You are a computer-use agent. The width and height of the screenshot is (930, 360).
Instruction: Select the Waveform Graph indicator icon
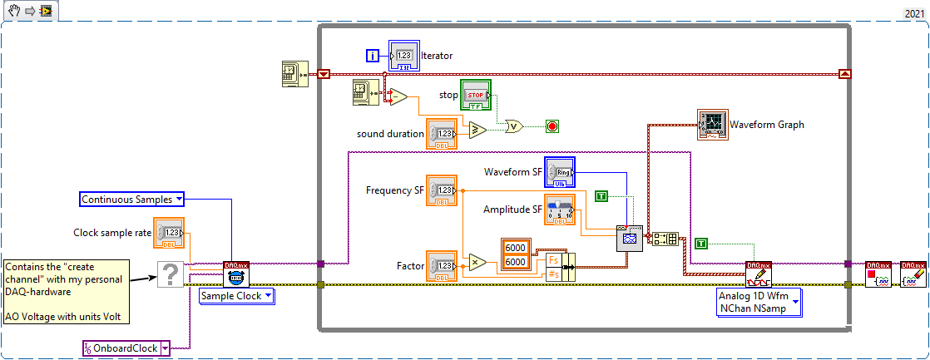[x=713, y=123]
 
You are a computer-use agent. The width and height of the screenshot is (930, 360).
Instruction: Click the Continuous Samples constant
[x=132, y=199]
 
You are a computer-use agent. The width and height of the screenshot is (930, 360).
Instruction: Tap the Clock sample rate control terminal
[x=170, y=233]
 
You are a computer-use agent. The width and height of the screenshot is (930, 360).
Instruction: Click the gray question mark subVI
[x=171, y=273]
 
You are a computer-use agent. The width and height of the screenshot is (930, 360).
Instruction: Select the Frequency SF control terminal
[x=441, y=190]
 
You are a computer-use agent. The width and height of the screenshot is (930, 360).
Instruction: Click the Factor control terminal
[x=441, y=265]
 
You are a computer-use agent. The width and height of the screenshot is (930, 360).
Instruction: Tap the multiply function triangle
[x=477, y=264]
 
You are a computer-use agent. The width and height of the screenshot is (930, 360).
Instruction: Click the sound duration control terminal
[x=441, y=133]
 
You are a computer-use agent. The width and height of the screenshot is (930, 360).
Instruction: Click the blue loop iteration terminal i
[x=373, y=56]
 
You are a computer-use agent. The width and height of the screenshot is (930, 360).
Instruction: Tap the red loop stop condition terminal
[x=552, y=126]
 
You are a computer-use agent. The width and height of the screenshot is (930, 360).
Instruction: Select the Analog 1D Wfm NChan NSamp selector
[x=758, y=303]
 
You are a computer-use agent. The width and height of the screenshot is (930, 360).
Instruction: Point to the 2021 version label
[x=913, y=13]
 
